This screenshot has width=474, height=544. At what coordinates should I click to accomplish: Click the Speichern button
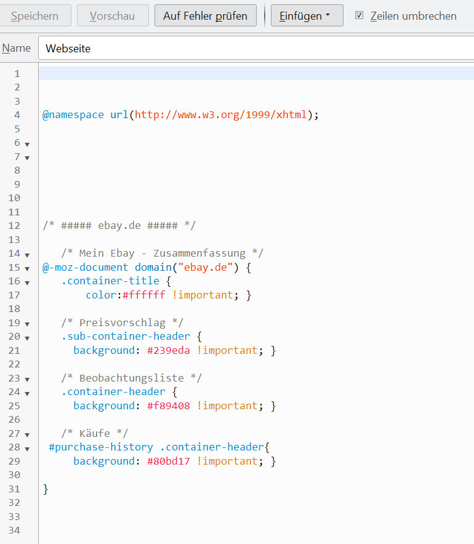pyautogui.click(x=34, y=15)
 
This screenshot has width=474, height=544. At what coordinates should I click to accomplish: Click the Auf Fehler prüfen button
pyautogui.click(x=206, y=15)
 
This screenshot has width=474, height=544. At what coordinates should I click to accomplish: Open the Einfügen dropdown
pyautogui.click(x=307, y=15)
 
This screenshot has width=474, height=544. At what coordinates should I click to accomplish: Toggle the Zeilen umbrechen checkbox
pyautogui.click(x=359, y=15)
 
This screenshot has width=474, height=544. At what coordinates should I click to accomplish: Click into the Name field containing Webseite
pyautogui.click(x=256, y=48)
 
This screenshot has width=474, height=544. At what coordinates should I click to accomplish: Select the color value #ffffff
pyautogui.click(x=143, y=295)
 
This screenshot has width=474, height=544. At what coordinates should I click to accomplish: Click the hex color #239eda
pyautogui.click(x=168, y=350)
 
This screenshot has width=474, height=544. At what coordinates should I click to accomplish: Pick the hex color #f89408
pyautogui.click(x=168, y=406)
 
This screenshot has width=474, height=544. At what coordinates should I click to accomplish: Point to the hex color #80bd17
pyautogui.click(x=168, y=461)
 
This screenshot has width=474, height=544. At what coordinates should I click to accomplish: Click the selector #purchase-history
pyautogui.click(x=100, y=447)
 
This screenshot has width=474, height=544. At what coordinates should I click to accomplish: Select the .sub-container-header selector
pyautogui.click(x=126, y=336)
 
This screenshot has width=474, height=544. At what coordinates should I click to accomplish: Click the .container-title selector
pyautogui.click(x=110, y=281)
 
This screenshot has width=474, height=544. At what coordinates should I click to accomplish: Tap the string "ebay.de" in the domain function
pyautogui.click(x=205, y=267)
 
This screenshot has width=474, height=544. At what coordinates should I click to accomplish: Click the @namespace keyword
pyautogui.click(x=73, y=115)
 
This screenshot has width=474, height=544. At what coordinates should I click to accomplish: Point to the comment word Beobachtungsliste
pyautogui.click(x=132, y=378)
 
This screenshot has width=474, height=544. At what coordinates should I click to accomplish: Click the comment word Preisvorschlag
pyautogui.click(x=123, y=322)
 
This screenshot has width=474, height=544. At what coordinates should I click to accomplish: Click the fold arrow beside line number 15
pyautogui.click(x=27, y=268)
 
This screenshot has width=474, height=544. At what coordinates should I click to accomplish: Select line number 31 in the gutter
pyautogui.click(x=14, y=489)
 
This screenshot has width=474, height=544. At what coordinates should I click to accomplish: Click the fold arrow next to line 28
pyautogui.click(x=27, y=449)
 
